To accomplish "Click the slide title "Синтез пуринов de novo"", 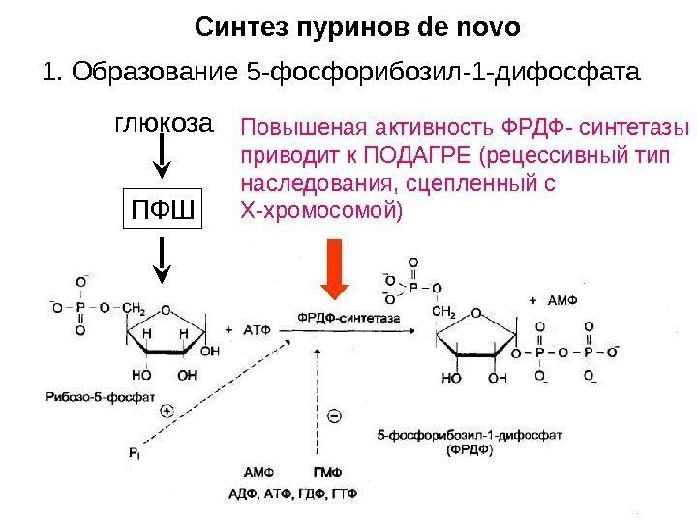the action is click(x=357, y=26).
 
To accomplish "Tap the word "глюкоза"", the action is click(x=163, y=125).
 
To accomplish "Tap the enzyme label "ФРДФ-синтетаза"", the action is click(x=335, y=317).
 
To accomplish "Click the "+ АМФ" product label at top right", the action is click(x=553, y=299).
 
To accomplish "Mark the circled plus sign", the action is click(x=167, y=411).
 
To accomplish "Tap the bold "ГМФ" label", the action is click(x=326, y=473).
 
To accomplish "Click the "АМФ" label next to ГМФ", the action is click(x=258, y=473).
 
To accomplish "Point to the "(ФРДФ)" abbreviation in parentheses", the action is click(x=469, y=450).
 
